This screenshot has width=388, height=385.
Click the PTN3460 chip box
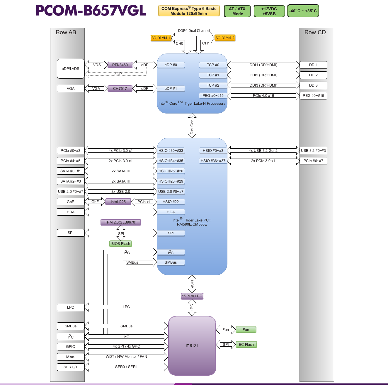(120, 65)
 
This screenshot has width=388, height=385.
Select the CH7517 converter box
(120, 88)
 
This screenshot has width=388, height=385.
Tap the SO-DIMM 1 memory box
(161, 38)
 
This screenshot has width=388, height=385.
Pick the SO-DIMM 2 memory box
(225, 38)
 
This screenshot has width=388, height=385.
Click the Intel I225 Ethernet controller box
(118, 202)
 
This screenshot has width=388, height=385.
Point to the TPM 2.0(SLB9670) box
(121, 222)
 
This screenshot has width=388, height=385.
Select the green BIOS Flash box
(121, 244)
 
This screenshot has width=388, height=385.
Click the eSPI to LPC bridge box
(192, 296)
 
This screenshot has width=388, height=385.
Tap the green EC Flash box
(246, 345)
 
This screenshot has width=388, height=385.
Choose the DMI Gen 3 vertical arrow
(192, 126)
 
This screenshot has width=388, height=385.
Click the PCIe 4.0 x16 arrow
(263, 95)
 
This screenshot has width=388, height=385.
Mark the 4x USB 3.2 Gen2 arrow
(263, 151)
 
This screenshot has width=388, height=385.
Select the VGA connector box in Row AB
(71, 88)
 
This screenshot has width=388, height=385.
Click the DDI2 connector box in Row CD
(313, 75)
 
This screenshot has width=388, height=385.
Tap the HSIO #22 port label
(171, 202)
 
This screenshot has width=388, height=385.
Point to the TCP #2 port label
(213, 85)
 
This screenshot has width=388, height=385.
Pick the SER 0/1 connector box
(71, 367)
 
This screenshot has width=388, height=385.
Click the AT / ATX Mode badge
(237, 11)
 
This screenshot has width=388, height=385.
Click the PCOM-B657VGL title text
(91, 11)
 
